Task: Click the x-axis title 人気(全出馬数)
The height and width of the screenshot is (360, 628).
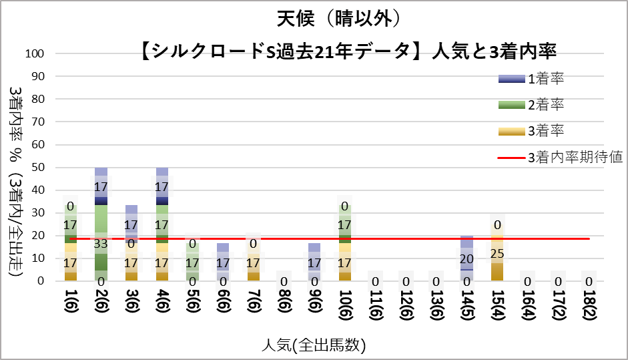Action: point(314,345)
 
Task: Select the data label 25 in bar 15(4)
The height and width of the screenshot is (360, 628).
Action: point(496,254)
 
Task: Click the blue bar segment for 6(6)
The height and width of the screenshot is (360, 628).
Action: point(223,248)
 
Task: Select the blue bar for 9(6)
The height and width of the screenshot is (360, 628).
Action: point(314,248)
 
